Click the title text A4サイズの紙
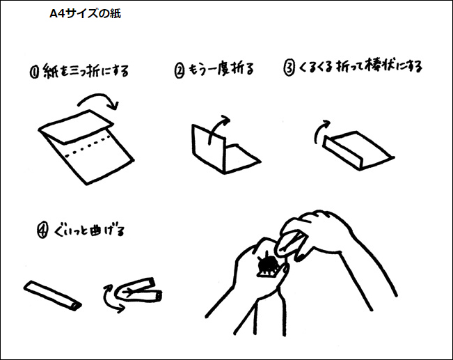click(85, 14)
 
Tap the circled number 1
click(34, 72)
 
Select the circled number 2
click(180, 71)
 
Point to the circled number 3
click(289, 68)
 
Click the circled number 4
click(42, 231)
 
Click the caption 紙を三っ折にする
click(86, 71)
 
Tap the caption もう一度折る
click(221, 70)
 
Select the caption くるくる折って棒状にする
click(360, 67)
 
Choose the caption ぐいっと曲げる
click(88, 230)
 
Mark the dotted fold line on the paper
click(88, 146)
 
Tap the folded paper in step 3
click(358, 150)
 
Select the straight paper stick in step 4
click(53, 295)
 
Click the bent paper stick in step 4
click(138, 290)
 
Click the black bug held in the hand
click(268, 265)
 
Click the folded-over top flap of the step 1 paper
click(77, 126)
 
